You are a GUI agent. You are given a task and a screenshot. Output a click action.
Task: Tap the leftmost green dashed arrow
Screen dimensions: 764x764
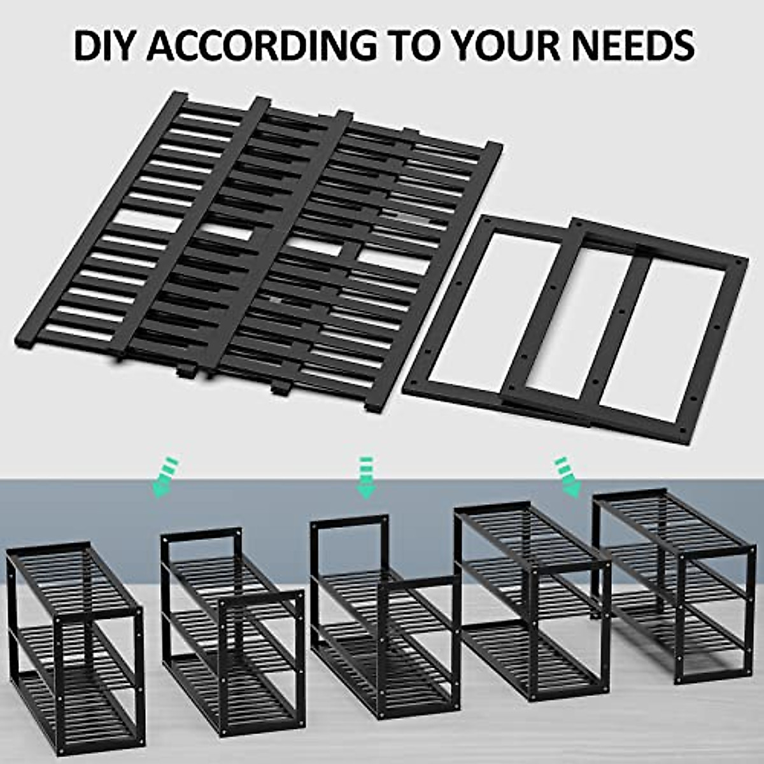[x=164, y=477]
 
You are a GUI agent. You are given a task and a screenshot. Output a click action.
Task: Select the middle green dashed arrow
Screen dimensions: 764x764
[x=366, y=477]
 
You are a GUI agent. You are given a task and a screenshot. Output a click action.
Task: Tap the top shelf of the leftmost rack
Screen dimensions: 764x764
[x=73, y=573]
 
